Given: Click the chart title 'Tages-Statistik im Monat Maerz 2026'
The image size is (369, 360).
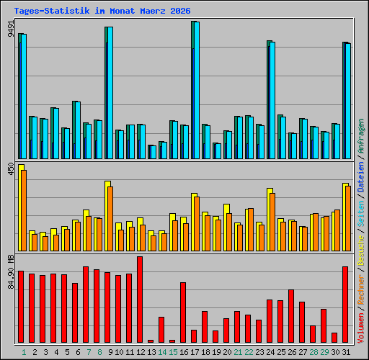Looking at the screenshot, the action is click(x=102, y=11).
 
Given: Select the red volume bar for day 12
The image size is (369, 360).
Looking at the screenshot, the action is click(x=140, y=300).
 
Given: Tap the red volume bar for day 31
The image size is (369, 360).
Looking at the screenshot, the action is click(x=345, y=305).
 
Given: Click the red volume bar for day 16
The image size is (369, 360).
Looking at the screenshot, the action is click(x=183, y=312).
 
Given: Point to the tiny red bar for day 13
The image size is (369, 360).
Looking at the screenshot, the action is click(x=151, y=341).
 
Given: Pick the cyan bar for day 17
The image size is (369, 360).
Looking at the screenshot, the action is click(x=197, y=90).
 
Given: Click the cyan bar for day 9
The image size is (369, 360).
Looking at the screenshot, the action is click(x=110, y=93).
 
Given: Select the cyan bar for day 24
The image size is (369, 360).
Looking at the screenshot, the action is click(x=272, y=100).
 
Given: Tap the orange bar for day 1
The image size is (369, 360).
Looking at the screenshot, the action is click(x=24, y=210).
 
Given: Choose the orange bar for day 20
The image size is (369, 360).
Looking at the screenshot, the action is click(x=229, y=232).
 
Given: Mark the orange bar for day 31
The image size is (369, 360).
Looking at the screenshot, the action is click(x=348, y=218).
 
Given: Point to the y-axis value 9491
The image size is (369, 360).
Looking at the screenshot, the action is click(x=11, y=29).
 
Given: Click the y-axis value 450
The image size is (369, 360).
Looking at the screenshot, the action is click(x=11, y=168).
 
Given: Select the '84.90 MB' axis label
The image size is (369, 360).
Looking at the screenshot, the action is click(x=11, y=271).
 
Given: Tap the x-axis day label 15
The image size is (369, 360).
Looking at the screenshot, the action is click(x=173, y=352).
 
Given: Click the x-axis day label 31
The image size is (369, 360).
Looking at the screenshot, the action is click(x=346, y=352).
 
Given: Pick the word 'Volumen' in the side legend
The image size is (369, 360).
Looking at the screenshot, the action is click(x=360, y=328).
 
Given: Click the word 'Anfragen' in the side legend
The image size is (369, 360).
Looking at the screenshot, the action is click(x=360, y=136).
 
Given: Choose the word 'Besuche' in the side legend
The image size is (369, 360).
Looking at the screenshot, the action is click(x=360, y=251).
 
